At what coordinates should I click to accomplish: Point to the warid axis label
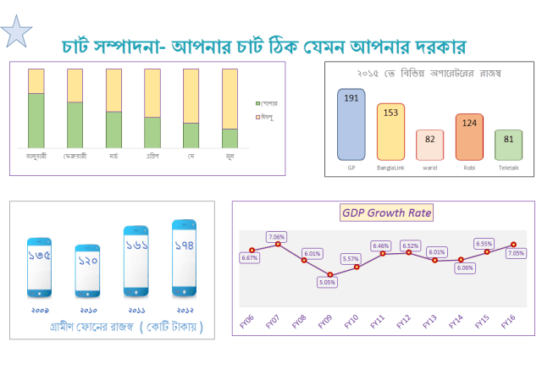click(429, 168)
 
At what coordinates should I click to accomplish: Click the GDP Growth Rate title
click(387, 213)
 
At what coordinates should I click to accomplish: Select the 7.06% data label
click(277, 236)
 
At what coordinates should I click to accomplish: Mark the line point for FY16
click(513, 245)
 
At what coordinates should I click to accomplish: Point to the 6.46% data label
click(381, 245)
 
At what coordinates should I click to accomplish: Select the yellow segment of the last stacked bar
click(230, 98)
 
